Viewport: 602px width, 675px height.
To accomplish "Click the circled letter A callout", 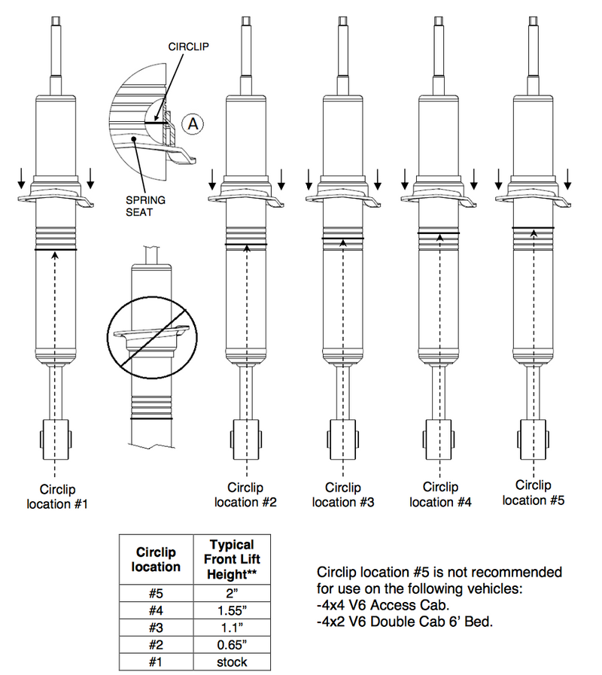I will pos(193,124).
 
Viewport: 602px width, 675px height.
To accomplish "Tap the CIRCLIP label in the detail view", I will pos(188,46).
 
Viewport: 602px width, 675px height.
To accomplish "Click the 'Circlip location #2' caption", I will pos(246,495).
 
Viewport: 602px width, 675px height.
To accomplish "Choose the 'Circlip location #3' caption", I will pos(343,495).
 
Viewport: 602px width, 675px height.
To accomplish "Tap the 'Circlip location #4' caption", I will pos(441,494).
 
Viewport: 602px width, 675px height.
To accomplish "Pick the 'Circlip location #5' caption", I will pos(534,492).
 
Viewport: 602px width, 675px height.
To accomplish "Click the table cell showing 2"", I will pos(232,591).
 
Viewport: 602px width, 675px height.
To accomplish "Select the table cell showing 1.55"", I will pos(232,609).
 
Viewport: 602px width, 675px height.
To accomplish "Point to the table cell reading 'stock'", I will pos(232,661).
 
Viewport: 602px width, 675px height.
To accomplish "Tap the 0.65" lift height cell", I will pos(232,644).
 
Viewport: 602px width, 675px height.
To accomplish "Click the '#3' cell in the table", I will pos(157,627).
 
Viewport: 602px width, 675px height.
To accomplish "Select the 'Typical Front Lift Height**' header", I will pos(232,559).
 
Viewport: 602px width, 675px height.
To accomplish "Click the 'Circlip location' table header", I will pos(157,559).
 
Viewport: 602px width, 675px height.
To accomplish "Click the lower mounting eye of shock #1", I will pos(56,438).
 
